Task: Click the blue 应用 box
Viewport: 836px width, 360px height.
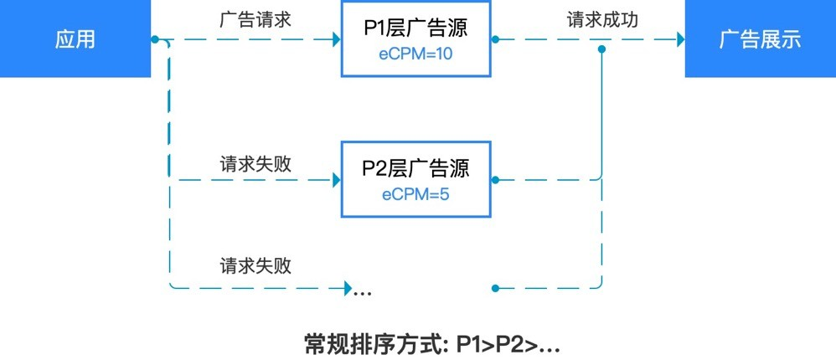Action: click(x=75, y=39)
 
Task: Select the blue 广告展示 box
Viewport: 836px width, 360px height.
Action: click(x=761, y=39)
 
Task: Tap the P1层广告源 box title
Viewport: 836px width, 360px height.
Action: click(x=415, y=28)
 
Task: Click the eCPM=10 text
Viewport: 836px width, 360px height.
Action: click(x=415, y=54)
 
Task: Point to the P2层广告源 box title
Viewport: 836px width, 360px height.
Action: click(x=415, y=168)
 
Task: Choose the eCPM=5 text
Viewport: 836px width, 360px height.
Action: click(x=415, y=194)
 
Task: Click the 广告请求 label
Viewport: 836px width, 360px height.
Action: click(x=255, y=19)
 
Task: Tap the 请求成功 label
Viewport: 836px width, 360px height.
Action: click(x=603, y=19)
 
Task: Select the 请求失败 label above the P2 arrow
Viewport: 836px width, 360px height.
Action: click(x=255, y=164)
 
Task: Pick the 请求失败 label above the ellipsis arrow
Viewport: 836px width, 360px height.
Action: click(x=255, y=265)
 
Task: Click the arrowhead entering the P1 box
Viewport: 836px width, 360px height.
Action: click(x=337, y=39)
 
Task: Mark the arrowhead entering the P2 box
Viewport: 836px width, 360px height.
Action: click(x=337, y=180)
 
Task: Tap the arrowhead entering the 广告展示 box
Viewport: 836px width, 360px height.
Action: click(x=681, y=39)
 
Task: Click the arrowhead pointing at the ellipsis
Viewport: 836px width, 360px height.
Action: click(x=348, y=288)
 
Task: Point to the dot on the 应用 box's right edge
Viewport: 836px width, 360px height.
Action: click(x=155, y=39)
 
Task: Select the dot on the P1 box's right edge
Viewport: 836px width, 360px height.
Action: click(x=495, y=39)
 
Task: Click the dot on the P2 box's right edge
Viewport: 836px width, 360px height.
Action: click(x=495, y=180)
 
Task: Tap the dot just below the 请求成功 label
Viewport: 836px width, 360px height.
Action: click(x=602, y=49)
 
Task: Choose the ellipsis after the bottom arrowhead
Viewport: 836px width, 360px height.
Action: click(x=363, y=293)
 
